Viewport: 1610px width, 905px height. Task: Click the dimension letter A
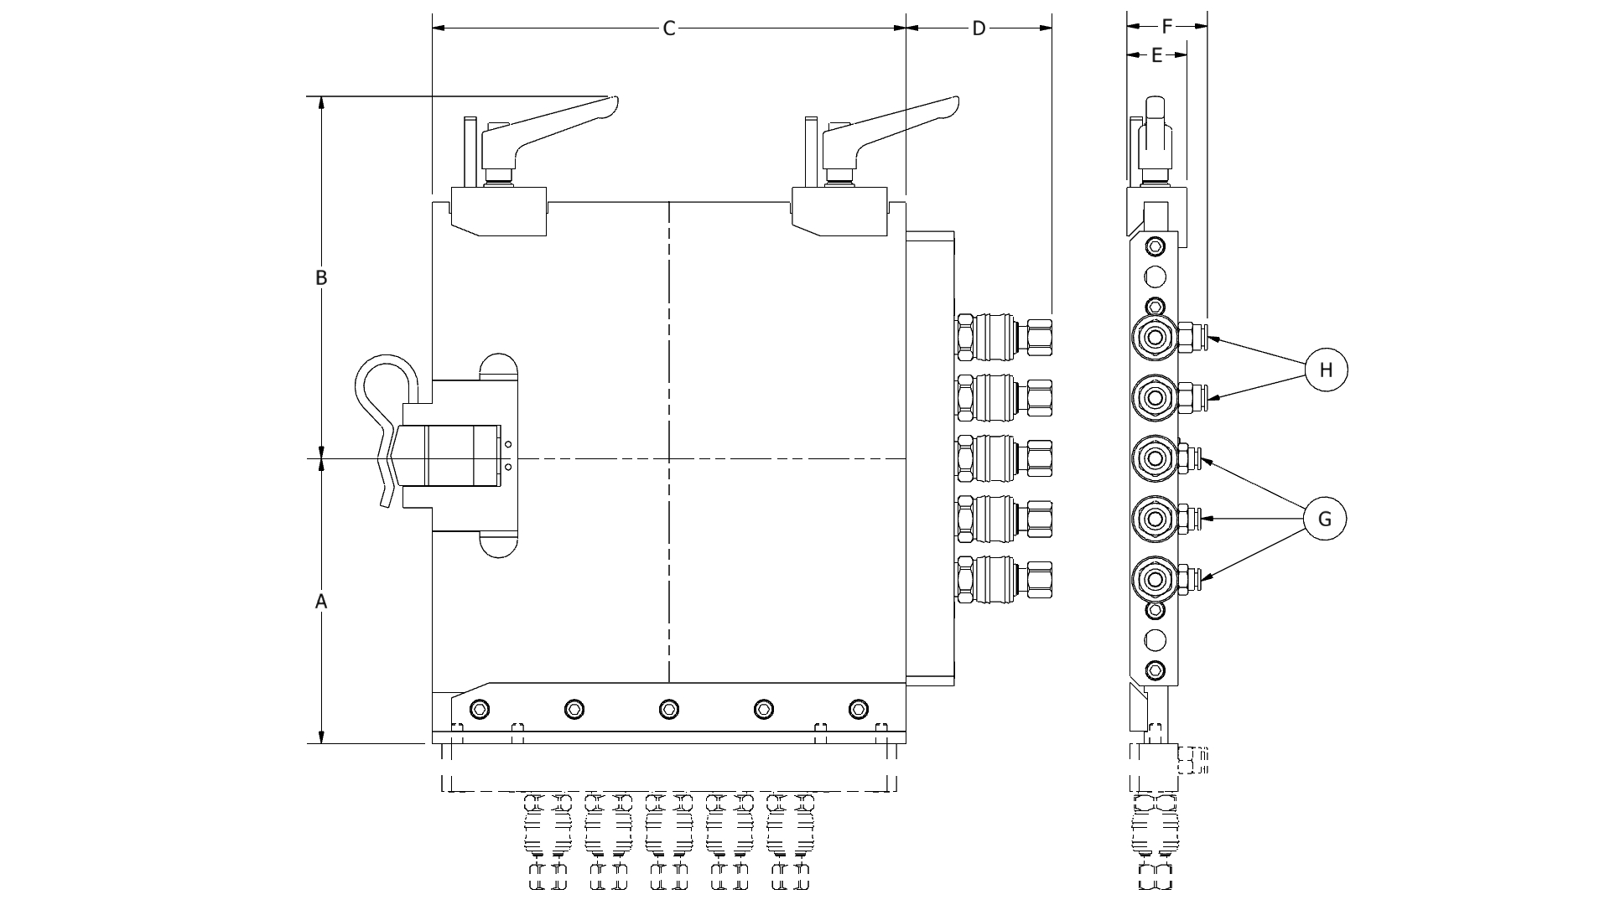[320, 602]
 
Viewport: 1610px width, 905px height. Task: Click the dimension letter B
[320, 277]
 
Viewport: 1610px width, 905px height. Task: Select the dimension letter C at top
[668, 29]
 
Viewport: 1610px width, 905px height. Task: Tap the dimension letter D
[979, 29]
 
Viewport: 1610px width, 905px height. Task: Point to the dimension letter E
[1156, 55]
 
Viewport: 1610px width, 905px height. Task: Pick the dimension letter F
[1166, 27]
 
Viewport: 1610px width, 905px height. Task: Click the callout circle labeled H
[1325, 370]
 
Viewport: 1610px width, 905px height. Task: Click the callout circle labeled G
[1325, 519]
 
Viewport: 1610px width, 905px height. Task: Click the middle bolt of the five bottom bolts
[668, 710]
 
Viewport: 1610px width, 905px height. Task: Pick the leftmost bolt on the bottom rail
[479, 710]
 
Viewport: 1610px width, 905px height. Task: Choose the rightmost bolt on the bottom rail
[857, 710]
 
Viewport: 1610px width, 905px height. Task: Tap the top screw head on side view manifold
[1155, 246]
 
